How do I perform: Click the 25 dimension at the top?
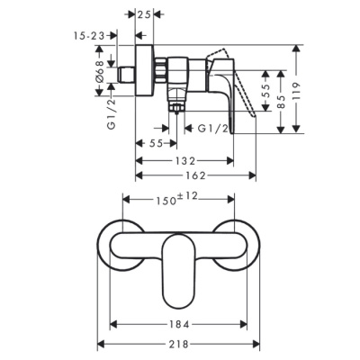[x=145, y=15]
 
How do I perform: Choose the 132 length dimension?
[x=184, y=159]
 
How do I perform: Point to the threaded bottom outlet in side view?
[x=175, y=106]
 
